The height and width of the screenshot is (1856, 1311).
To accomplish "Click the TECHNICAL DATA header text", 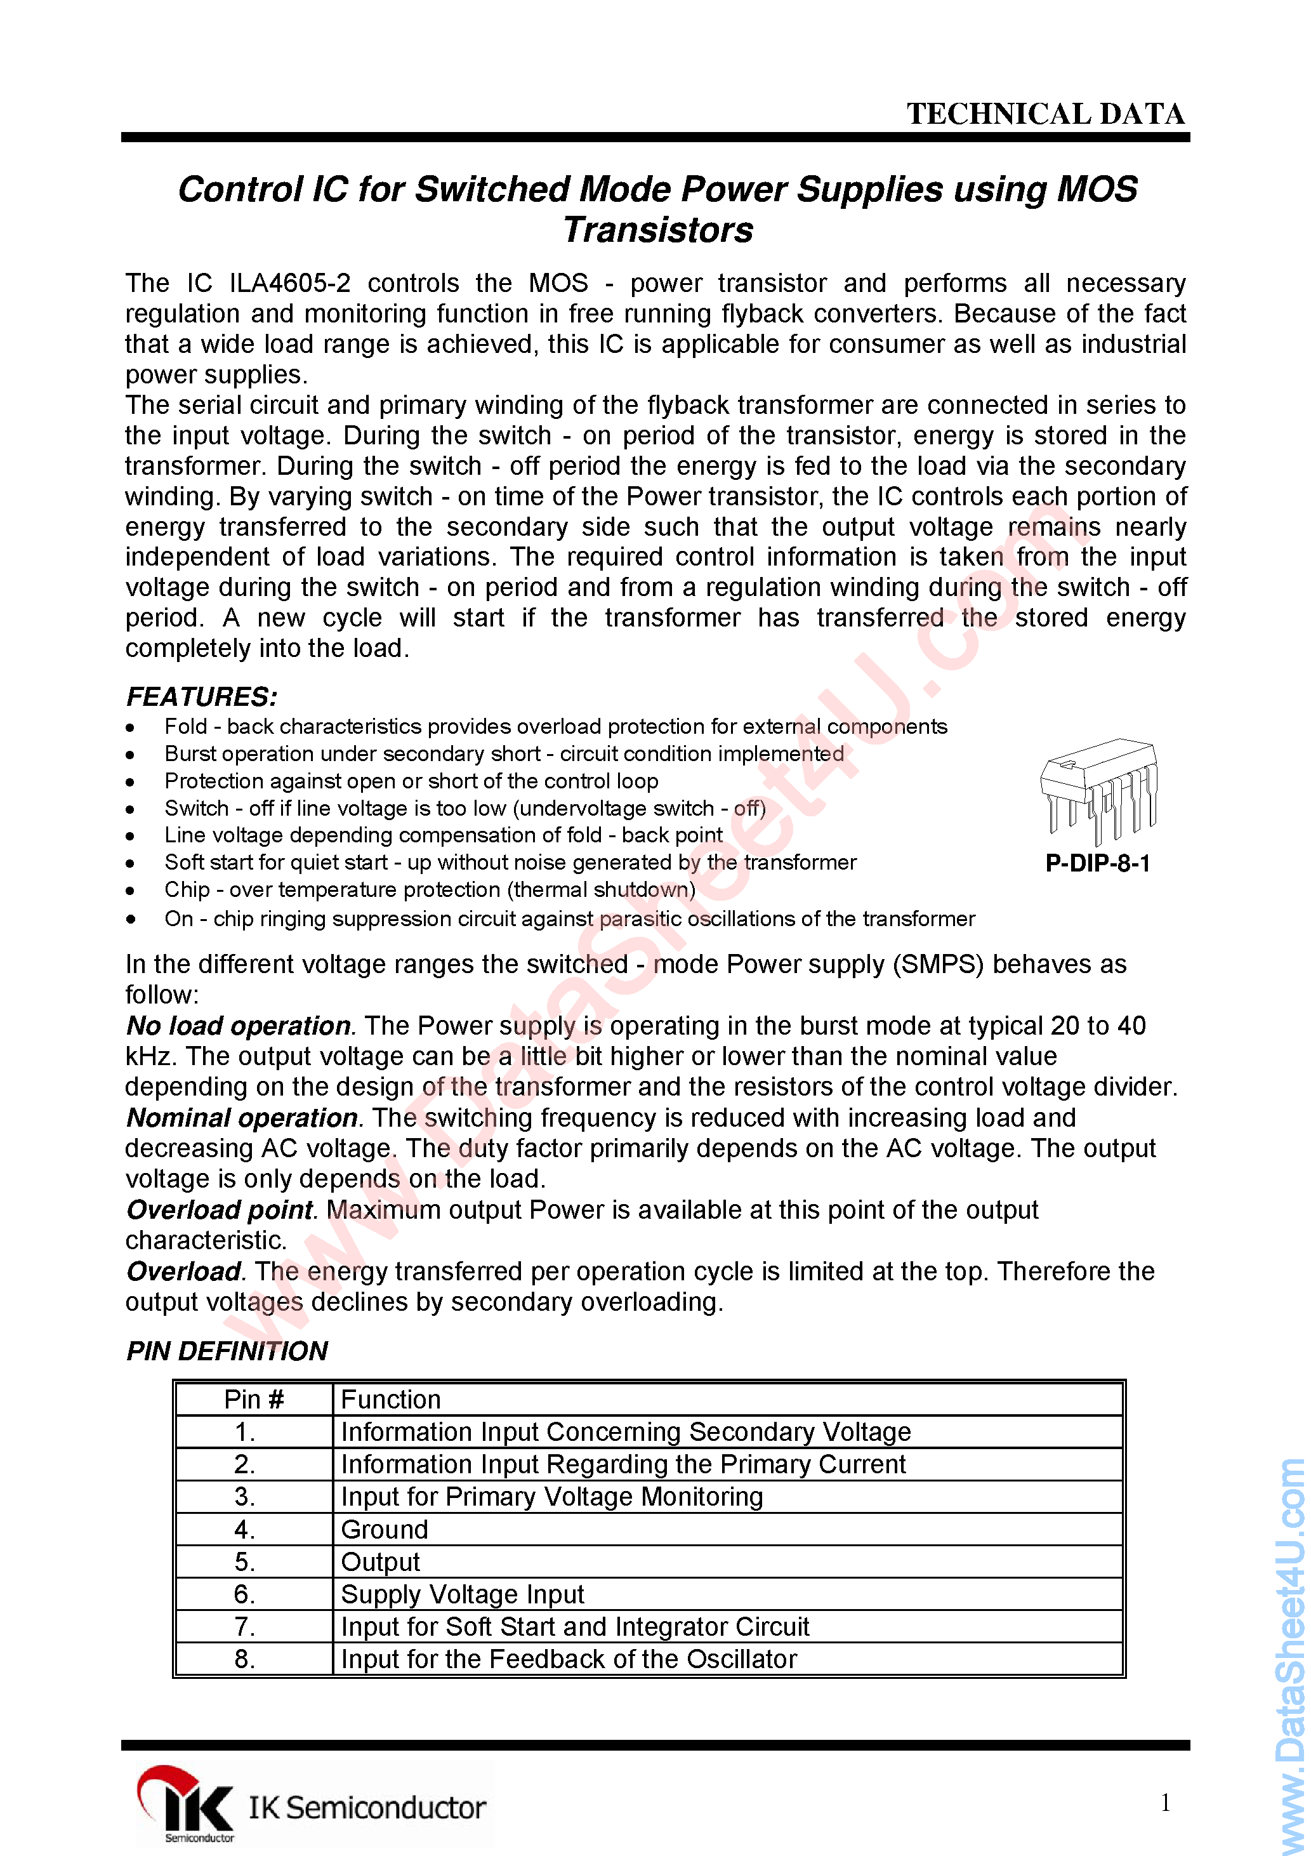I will [1045, 114].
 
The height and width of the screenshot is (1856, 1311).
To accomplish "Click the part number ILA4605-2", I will [290, 284].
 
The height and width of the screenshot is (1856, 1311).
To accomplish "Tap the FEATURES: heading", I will [201, 697].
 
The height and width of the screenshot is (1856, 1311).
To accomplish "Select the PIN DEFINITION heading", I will [227, 1351].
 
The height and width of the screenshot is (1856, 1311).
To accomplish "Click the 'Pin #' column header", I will [254, 1399].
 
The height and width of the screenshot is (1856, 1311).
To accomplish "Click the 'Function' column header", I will [390, 1399].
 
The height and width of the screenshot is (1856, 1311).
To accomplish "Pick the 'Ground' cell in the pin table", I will [384, 1529].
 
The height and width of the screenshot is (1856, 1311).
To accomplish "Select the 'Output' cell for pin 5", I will [380, 1561].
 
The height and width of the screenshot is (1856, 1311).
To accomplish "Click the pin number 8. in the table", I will [245, 1659].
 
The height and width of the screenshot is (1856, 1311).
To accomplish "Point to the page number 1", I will [1164, 1803].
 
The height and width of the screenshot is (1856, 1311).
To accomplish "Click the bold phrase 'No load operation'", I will [239, 1026].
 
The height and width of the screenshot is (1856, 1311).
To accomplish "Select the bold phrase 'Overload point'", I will [219, 1210].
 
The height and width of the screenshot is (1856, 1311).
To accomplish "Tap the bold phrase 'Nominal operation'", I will [242, 1118].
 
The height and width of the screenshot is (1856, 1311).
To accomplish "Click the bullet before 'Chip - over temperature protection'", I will [130, 891].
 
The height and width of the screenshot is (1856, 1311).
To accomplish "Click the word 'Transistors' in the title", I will [658, 230].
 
